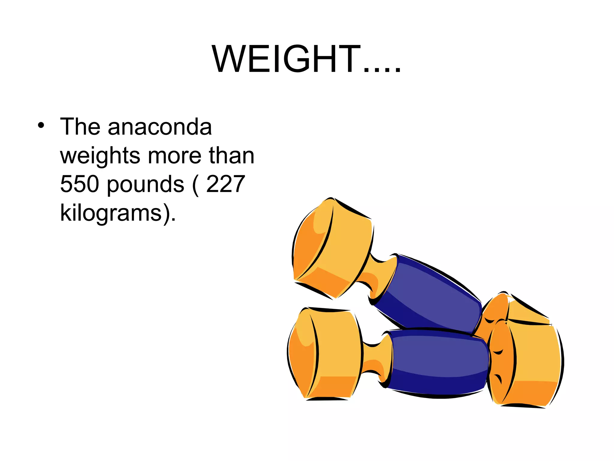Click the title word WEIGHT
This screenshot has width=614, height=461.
pos(286,59)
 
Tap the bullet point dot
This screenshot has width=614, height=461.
pos(41,125)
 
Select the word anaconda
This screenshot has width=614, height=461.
pos(160,127)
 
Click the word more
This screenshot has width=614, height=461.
pos(175,156)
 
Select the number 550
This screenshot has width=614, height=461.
pos(79,184)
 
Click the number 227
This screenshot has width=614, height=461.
pos(225,184)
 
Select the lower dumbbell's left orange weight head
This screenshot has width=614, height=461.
pos(324,354)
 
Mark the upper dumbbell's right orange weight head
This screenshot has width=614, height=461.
pos(510,309)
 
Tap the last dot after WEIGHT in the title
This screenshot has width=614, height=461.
pos(397,71)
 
